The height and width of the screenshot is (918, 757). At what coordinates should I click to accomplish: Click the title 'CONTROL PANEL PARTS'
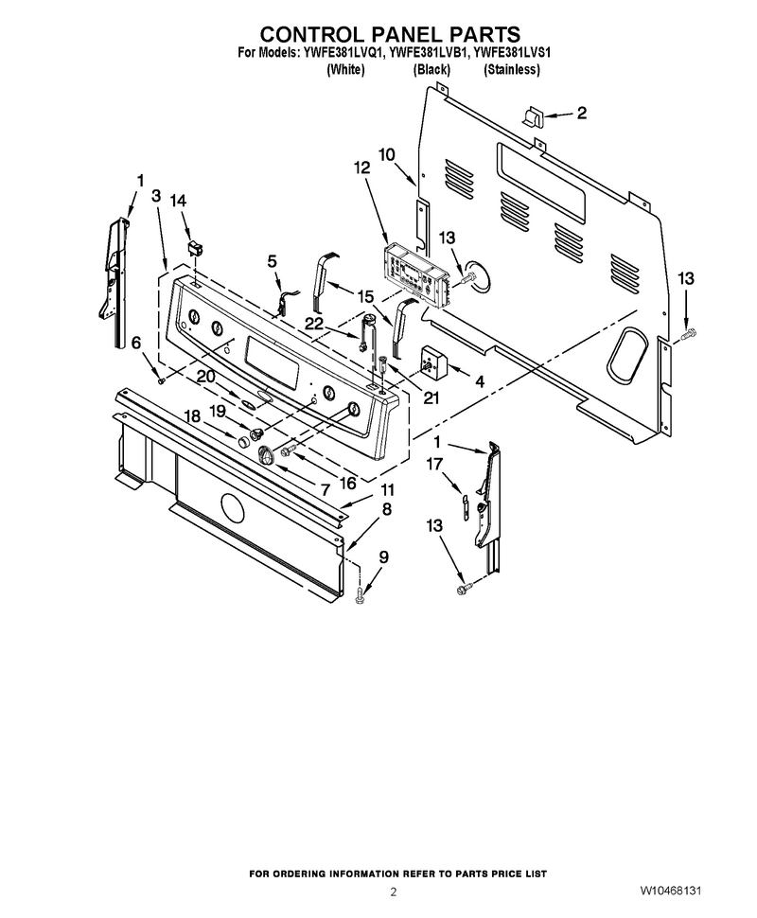390,34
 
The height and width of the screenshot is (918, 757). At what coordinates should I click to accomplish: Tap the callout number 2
581,113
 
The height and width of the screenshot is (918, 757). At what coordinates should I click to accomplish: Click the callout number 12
361,168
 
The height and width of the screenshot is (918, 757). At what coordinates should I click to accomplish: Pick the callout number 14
178,201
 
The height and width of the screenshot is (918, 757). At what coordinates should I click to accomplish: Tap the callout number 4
480,382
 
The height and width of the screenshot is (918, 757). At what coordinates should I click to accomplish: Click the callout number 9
383,556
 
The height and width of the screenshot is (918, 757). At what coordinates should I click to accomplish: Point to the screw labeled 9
360,596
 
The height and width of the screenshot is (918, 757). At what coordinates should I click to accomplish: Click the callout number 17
434,464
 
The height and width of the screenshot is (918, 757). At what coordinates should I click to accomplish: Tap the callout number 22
314,323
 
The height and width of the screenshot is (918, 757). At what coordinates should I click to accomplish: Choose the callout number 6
136,343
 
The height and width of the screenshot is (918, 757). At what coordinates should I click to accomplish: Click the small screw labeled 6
161,381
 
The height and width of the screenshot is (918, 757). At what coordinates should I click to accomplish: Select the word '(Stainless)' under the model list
512,70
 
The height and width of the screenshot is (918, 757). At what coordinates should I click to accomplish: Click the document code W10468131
670,891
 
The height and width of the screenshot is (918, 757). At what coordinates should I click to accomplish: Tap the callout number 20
205,377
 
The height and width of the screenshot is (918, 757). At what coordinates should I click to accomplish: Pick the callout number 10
386,154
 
